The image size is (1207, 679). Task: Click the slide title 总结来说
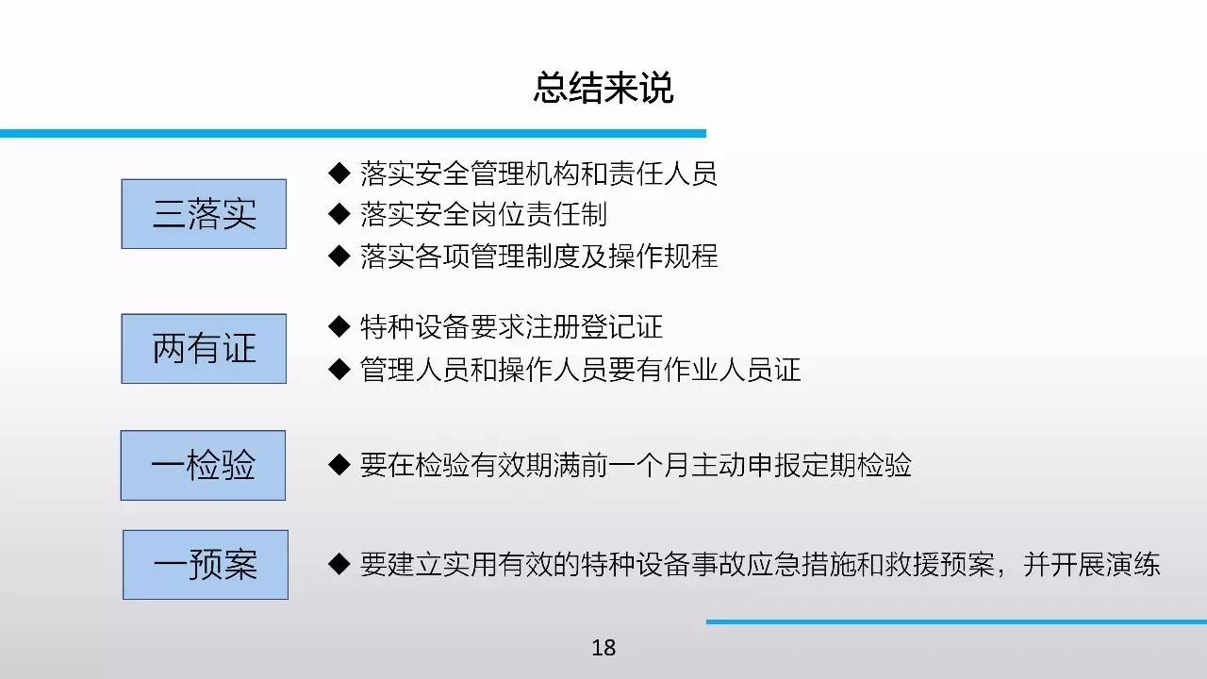603,88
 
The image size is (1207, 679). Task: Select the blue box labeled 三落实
204,214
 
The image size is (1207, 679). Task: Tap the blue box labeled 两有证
204,349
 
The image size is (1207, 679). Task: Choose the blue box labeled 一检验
203,465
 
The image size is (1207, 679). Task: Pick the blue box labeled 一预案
206,565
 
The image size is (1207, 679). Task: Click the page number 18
603,648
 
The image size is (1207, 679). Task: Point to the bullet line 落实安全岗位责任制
484,214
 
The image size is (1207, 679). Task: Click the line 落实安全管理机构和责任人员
538,174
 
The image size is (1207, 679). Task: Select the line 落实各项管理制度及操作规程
538,256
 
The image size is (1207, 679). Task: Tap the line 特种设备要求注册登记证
511,327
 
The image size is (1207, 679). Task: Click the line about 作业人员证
580,370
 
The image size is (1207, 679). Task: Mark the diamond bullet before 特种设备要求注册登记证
339,326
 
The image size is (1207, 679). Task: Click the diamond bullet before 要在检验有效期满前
339,465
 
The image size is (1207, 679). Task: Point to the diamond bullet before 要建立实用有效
339,564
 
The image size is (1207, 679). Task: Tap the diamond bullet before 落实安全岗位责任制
339,214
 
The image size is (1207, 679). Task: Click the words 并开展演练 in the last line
1091,565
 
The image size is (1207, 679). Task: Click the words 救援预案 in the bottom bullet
939,565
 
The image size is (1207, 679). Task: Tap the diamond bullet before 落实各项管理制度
339,256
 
